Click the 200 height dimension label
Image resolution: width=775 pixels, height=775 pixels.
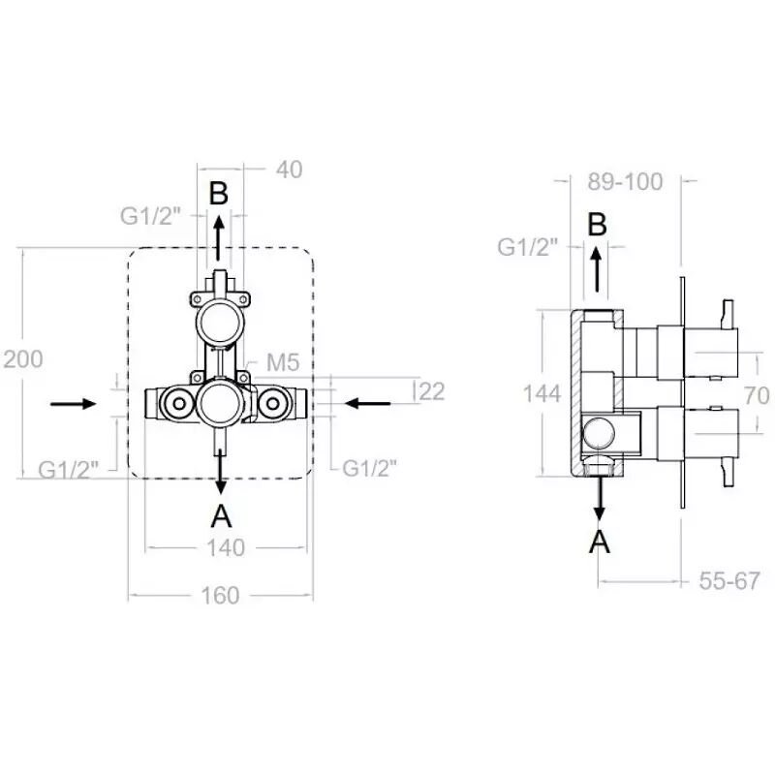pos(23,359)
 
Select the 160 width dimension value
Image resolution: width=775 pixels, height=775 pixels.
pos(221,596)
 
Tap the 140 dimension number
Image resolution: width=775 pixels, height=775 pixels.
pos(226,548)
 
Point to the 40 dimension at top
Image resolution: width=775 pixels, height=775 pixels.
pos(289,170)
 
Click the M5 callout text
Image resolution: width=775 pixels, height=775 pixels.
pos(283,362)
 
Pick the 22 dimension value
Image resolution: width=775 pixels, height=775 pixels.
pos(432,392)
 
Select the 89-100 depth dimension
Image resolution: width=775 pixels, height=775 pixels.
pos(625,182)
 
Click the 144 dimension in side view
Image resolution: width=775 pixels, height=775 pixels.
pos(542,394)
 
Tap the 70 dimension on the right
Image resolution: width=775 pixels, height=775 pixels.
pos(757,396)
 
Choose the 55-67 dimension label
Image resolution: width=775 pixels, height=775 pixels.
pos(729,580)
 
